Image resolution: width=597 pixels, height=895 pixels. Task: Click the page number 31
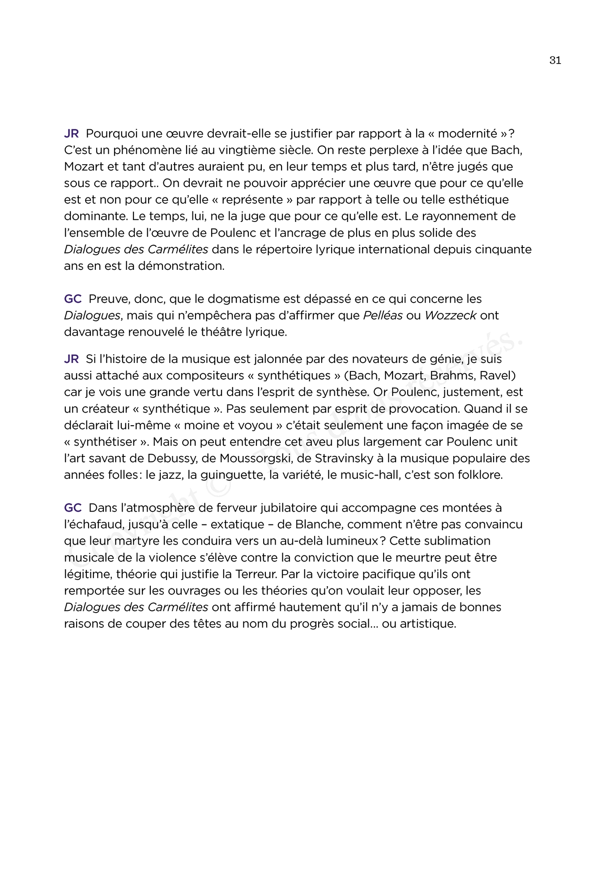(555, 60)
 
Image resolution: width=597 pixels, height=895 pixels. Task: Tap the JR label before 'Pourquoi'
(72, 134)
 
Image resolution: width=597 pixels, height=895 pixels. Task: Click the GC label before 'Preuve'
(73, 299)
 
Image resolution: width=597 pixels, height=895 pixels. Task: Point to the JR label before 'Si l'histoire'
(72, 359)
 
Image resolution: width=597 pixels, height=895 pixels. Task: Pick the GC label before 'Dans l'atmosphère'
(73, 508)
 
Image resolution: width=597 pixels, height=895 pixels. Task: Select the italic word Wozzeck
(450, 315)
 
